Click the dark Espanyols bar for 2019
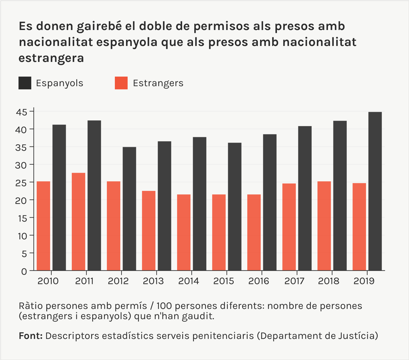click(x=375, y=191)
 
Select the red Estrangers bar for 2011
click(x=78, y=222)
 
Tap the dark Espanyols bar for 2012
click(x=129, y=209)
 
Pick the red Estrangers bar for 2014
click(x=184, y=233)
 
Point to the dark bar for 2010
click(x=59, y=198)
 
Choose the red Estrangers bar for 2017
click(x=289, y=227)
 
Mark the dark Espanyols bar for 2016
click(x=270, y=203)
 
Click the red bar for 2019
click(x=359, y=227)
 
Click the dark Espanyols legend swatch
click(x=25, y=83)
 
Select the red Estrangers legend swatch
click(x=121, y=83)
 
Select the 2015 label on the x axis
click(x=223, y=281)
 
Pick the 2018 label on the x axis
click(x=329, y=281)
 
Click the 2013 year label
click(x=153, y=281)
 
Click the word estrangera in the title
click(x=51, y=58)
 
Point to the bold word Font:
click(x=31, y=336)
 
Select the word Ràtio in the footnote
click(x=31, y=306)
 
